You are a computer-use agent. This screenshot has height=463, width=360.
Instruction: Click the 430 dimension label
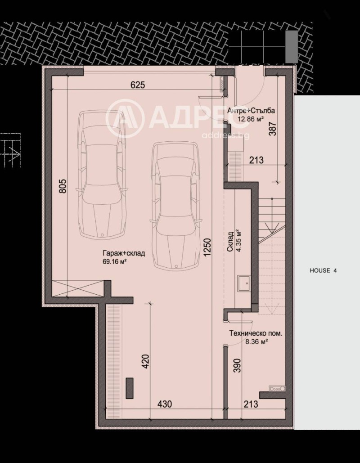pos(164,404)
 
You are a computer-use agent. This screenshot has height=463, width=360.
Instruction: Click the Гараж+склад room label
pos(123,253)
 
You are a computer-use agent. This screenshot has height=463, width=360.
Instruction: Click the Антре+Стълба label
pos(251,111)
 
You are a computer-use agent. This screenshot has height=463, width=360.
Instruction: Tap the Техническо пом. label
pos(256,334)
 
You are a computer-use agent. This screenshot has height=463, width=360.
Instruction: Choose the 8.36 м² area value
pos(256,342)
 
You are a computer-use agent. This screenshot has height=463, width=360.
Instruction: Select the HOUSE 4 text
pos(323,270)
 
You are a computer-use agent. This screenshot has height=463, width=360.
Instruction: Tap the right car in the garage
pos(175,205)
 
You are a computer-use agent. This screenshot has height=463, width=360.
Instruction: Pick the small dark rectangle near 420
pos(130,388)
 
